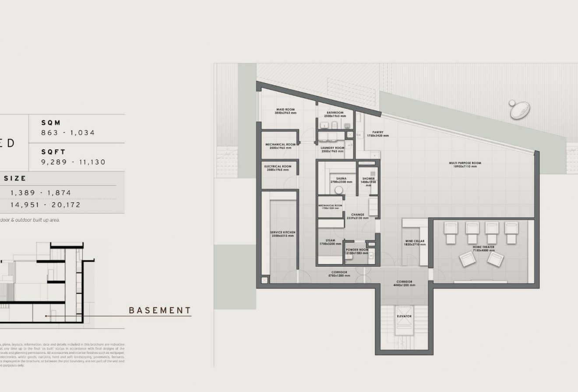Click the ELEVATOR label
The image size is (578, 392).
(x=404, y=316)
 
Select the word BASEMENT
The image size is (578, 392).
(x=160, y=311)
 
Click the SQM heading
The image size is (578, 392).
(x=51, y=123)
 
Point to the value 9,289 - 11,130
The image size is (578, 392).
(x=73, y=162)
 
